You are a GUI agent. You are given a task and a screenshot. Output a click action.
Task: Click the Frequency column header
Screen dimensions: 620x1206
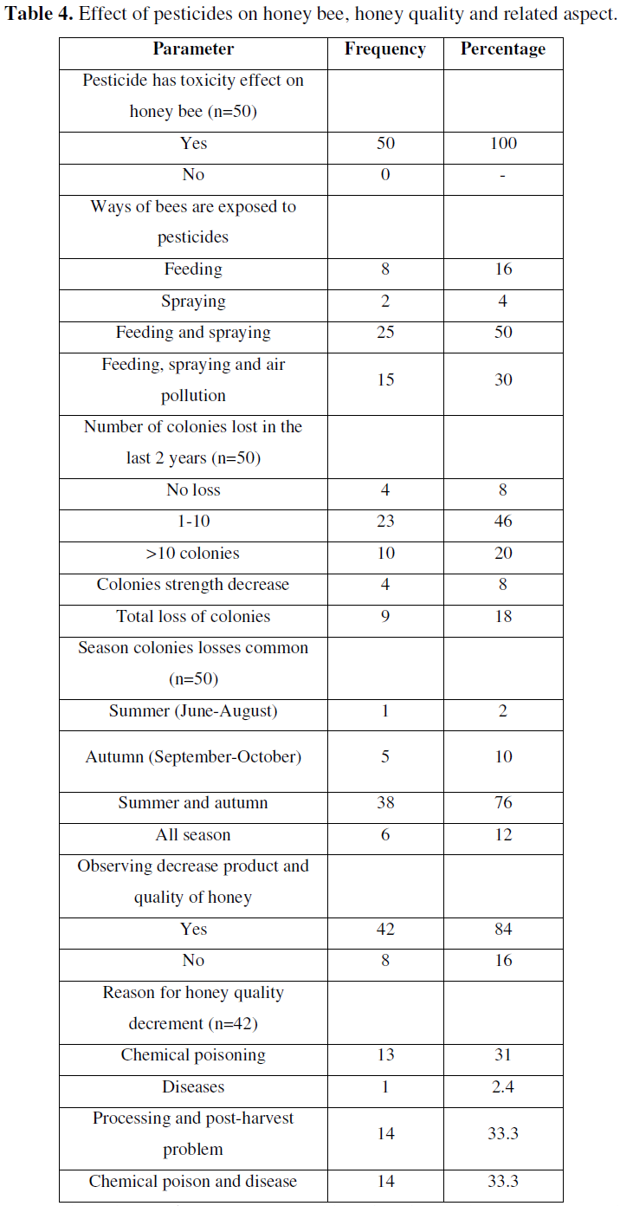[x=385, y=49]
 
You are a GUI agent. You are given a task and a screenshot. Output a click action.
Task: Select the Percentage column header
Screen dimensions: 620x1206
[x=503, y=49]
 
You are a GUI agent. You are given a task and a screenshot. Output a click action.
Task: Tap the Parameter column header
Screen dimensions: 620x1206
[x=193, y=49]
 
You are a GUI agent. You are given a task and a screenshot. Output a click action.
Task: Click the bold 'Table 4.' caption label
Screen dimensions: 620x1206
[x=38, y=14]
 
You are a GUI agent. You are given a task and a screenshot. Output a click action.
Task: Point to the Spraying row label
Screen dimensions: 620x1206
[x=193, y=301]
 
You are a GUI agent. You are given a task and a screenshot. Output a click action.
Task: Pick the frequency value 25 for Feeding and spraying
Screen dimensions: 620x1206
[x=385, y=332]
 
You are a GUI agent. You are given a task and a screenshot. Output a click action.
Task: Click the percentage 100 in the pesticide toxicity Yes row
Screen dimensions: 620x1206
[x=503, y=143]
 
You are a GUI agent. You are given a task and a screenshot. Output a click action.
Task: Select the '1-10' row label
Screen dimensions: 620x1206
[x=193, y=522]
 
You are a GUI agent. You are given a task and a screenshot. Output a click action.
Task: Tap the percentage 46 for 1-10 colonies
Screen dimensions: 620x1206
[x=503, y=522]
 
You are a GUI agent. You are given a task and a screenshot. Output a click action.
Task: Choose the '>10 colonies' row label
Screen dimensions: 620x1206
[x=193, y=554]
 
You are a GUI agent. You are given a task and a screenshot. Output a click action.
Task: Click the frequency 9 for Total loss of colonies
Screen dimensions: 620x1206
[x=385, y=617]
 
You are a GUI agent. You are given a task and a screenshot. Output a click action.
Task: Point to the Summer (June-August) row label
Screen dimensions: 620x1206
[x=193, y=711]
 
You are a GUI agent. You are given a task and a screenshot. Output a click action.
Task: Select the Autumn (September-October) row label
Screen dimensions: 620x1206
[x=193, y=757]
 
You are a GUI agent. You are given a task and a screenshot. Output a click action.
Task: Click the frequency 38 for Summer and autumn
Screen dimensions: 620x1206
[x=385, y=803]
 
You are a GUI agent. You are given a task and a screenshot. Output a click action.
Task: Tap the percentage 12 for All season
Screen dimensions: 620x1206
[x=503, y=835]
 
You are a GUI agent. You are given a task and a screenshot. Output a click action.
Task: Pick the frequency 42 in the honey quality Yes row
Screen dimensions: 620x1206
[x=385, y=930]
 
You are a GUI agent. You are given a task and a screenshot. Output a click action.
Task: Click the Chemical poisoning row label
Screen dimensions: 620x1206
[x=193, y=1055]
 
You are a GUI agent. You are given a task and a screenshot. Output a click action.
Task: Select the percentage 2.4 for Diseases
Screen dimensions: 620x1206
[x=503, y=1087]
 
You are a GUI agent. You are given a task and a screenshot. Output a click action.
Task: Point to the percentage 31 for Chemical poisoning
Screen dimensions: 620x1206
[x=503, y=1054]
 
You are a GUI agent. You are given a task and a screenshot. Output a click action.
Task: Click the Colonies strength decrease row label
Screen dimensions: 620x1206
[x=193, y=585]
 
